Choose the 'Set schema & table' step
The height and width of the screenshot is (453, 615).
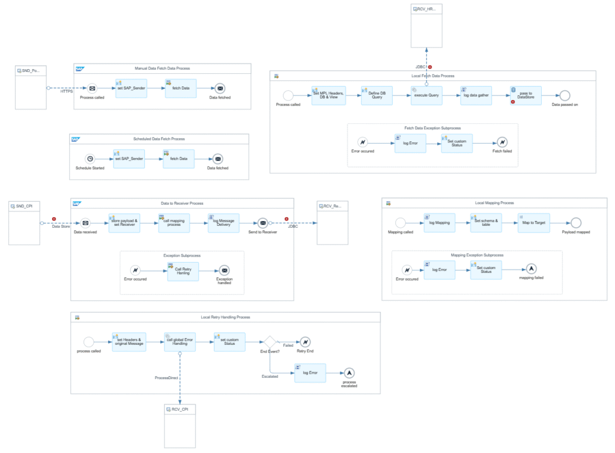tap(486, 222)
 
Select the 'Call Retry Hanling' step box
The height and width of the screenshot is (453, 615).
tap(183, 270)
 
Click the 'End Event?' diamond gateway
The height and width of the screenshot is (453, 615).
tap(269, 342)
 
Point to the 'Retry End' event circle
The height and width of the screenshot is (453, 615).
tap(305, 342)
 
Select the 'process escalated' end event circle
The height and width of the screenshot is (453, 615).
tap(349, 372)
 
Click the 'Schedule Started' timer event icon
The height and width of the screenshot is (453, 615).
tap(90, 159)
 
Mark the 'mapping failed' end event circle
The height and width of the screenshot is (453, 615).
tap(531, 269)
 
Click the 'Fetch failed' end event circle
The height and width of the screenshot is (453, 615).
tap(502, 142)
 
